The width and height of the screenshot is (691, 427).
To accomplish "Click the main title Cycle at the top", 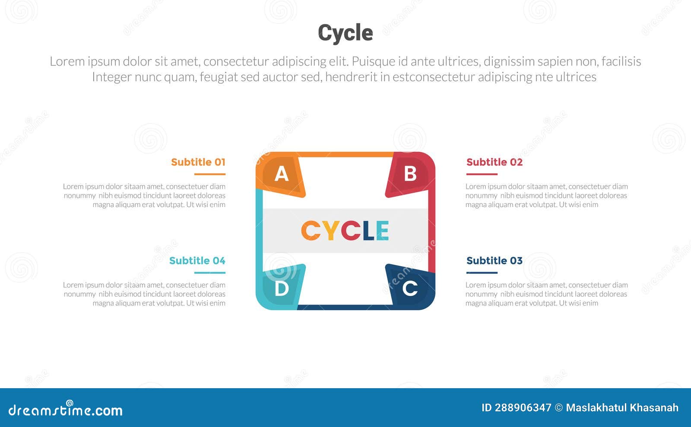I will [345, 33].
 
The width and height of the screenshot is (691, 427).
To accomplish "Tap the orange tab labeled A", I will [281, 175].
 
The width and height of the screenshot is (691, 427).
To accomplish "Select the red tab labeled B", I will [410, 174].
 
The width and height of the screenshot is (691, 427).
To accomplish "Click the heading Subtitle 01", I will [198, 162].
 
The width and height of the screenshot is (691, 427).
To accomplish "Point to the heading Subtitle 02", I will [494, 162].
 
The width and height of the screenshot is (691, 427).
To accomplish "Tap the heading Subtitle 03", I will [494, 261].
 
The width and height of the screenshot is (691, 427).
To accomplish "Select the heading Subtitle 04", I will [197, 261].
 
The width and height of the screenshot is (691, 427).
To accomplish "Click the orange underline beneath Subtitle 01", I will [210, 174].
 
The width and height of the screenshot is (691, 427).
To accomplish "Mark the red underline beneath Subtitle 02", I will [482, 174].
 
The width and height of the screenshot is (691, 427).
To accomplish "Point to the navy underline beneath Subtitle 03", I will [482, 273].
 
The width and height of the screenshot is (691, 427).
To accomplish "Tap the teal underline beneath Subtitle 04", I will [210, 273].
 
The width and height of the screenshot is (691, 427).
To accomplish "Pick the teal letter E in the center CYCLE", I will [382, 231].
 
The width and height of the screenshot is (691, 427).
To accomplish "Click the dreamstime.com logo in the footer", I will [65, 409].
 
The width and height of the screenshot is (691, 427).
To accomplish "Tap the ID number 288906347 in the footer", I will [523, 408].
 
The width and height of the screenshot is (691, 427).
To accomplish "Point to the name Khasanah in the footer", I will [654, 408].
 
